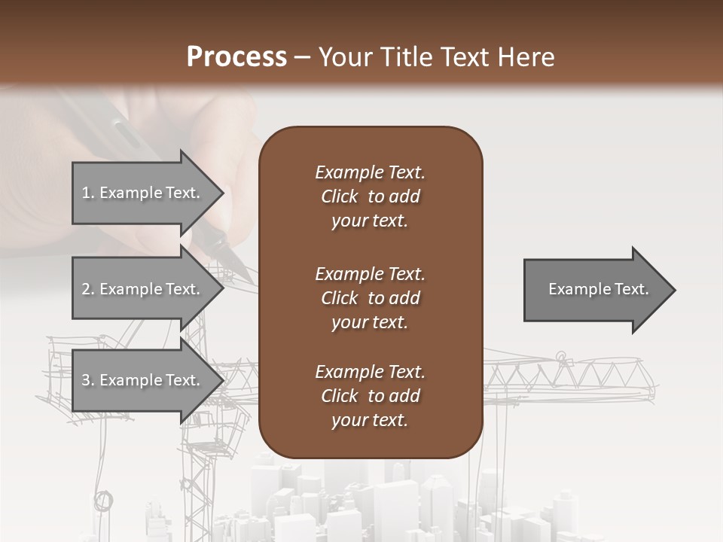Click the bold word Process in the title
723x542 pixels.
(236, 56)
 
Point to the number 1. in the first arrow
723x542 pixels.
(88, 193)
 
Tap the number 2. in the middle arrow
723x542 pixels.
(88, 289)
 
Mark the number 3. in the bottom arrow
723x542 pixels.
(88, 380)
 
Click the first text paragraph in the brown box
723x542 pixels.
(370, 196)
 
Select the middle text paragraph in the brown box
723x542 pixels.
(370, 298)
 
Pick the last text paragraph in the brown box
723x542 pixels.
(370, 396)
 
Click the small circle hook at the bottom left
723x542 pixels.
(103, 499)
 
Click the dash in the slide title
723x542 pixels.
(302, 58)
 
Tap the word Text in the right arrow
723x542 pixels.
(632, 289)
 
